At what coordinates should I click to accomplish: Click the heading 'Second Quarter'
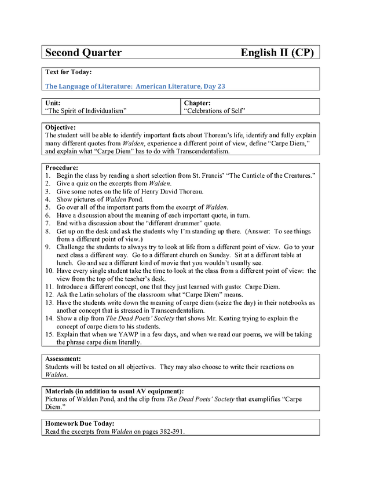click(x=83, y=53)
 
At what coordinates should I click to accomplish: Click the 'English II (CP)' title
click(x=277, y=53)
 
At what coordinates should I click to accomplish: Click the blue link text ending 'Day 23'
click(x=135, y=86)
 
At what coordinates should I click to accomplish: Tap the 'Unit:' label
click(x=53, y=103)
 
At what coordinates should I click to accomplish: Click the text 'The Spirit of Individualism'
click(x=86, y=110)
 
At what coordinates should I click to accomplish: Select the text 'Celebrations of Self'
click(x=215, y=110)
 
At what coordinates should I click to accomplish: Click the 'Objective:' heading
click(x=61, y=127)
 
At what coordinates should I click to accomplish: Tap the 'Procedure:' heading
click(x=62, y=167)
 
